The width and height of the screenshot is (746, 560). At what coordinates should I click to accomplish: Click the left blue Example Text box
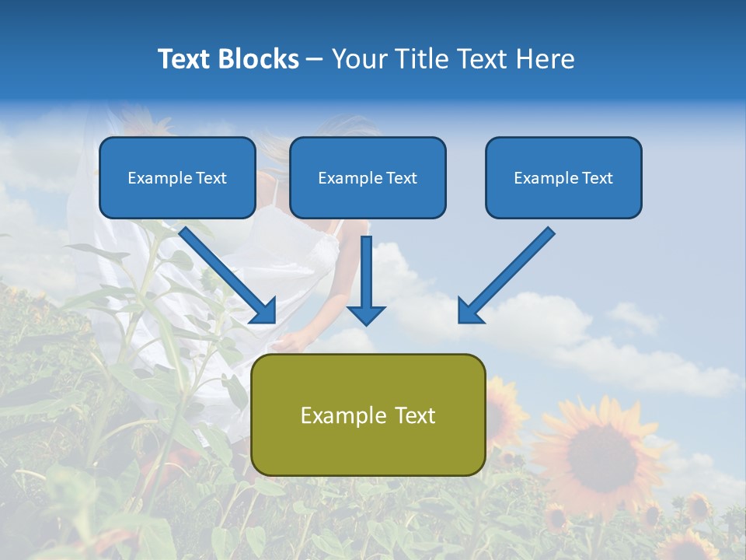(177, 177)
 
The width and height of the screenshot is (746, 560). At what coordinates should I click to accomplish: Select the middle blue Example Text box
(368, 177)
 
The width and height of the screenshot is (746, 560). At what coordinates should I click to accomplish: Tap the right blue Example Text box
(563, 177)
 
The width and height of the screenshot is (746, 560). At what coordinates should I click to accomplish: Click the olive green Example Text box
(368, 415)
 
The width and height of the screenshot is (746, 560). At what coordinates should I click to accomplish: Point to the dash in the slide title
(315, 59)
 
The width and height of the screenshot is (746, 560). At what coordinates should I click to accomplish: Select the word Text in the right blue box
(597, 178)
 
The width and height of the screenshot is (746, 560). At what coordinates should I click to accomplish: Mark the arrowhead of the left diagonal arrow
(264, 311)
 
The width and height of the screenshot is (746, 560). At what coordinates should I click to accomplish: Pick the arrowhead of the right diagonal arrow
(469, 311)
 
